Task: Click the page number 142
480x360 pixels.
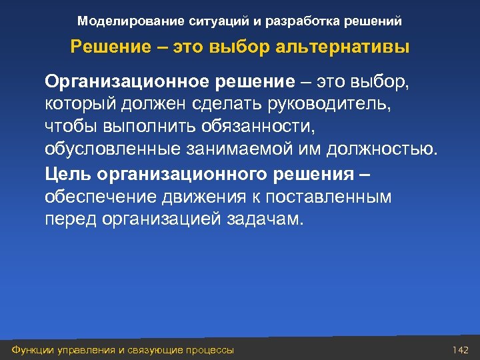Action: [461, 350]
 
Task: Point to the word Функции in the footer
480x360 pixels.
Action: [31, 350]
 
